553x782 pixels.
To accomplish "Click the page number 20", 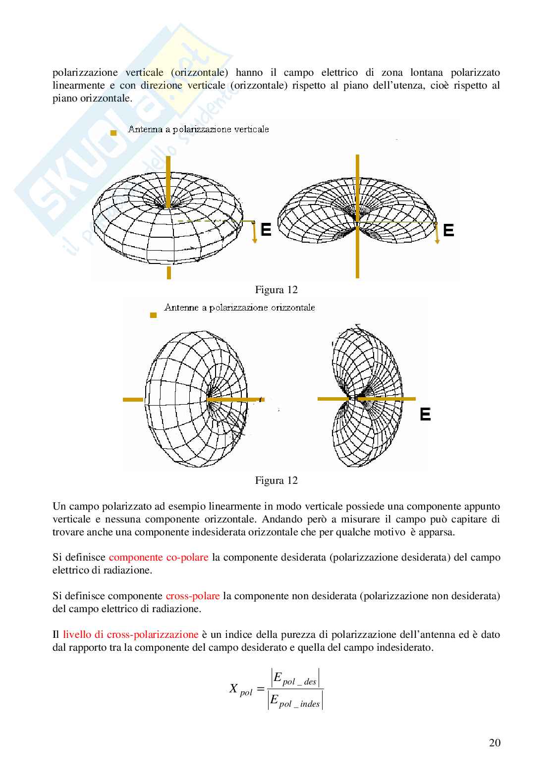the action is pos(495,742).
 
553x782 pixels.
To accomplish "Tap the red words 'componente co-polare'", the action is pos(159,557).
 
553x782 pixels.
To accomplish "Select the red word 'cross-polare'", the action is pos(192,596).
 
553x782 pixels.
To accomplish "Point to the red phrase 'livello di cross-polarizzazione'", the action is pos(131,634).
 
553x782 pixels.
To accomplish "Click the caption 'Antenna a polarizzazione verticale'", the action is pos(198,129).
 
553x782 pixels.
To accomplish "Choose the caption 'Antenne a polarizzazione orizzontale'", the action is pos(240,308).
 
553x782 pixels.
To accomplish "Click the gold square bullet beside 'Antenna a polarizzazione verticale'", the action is pos(113,133).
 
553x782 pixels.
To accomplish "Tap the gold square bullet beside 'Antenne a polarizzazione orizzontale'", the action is pos(153,315).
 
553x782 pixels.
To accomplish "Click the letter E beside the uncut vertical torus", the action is pos(266,230).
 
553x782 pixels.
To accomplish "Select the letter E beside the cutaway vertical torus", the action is pos(448,230).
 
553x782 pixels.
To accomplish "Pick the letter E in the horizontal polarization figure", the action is pos(425,414).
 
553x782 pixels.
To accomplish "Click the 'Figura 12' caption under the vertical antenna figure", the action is pos(276,290).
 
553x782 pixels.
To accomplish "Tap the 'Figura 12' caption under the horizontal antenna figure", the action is pos(276,480).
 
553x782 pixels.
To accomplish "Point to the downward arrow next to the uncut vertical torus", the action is pos(255,232).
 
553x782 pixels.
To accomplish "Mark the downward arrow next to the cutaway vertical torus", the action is pos(437,233).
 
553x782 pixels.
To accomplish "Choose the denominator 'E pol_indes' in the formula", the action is pos(295,701).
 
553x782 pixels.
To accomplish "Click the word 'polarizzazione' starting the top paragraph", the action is pos(85,73).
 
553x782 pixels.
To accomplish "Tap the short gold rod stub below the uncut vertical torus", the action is pos(169,273).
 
